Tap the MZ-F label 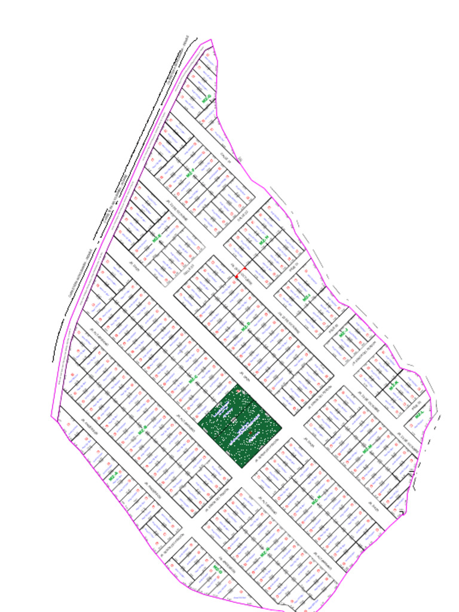191,173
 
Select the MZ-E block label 157,238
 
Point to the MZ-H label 263,241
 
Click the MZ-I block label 307,297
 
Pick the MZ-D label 244,328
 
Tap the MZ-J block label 343,333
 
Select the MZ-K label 393,387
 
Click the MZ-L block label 419,414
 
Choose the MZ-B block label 142,430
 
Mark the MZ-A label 114,476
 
